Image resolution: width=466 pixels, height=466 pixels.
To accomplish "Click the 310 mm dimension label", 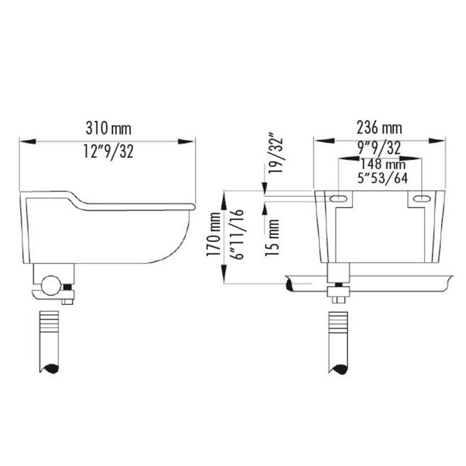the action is (x=109, y=128).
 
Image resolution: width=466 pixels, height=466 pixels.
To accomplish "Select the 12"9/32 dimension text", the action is (x=109, y=151).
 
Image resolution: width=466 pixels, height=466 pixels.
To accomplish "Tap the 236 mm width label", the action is (x=379, y=128).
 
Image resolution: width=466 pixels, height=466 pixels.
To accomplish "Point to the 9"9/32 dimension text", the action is (x=379, y=148).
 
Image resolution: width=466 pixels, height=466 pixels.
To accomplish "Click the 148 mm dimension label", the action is (x=383, y=164).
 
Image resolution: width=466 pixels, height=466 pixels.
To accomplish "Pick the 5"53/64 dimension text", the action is (x=383, y=178).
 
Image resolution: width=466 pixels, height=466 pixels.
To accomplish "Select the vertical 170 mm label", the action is (x=214, y=234).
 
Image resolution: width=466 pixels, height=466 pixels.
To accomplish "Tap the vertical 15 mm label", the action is (x=272, y=238).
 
